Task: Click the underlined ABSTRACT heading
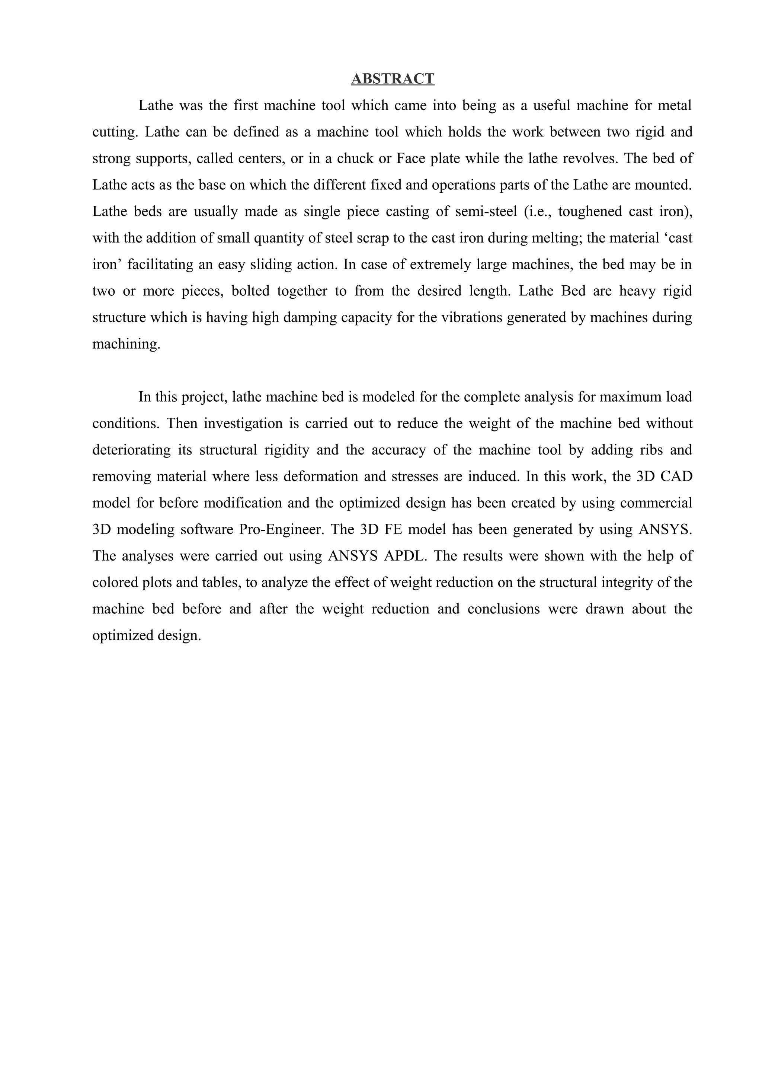[x=393, y=78]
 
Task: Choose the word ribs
[x=651, y=450]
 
